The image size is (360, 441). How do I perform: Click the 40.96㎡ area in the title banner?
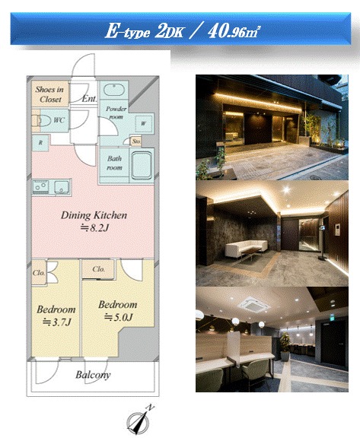[x=234, y=31]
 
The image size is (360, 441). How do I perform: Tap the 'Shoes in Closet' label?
[x=49, y=94]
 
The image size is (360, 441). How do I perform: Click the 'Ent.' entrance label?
[x=89, y=99]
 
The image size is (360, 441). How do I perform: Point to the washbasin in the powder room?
[x=114, y=90]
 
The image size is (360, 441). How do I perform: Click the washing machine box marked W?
[x=143, y=123]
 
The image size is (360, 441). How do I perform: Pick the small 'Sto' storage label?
[x=136, y=141]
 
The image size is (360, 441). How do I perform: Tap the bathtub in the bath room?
[x=142, y=166]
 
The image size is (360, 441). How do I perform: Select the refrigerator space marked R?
[x=40, y=143]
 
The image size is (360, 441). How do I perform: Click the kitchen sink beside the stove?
[x=62, y=187]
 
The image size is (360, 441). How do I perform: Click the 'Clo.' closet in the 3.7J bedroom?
[x=39, y=272]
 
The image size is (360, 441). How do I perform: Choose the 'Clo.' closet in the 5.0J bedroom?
[x=98, y=269]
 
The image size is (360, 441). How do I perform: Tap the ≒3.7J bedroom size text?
[x=56, y=322]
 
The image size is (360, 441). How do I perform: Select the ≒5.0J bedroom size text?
[x=118, y=317]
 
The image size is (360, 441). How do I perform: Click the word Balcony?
[x=93, y=375]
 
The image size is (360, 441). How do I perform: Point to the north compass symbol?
[x=139, y=420]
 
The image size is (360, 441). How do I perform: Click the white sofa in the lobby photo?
[x=247, y=248]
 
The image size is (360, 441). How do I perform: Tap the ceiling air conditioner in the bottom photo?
[x=253, y=305]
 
